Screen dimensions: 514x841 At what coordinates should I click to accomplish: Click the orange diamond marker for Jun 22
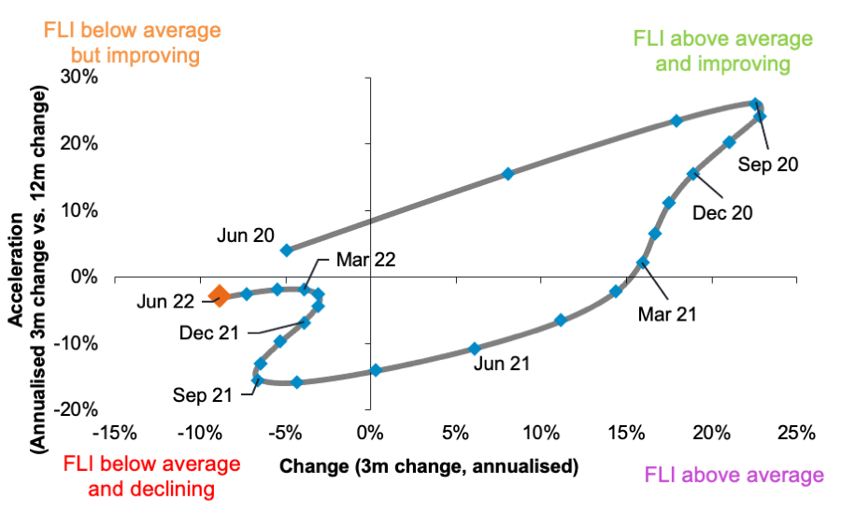point(219,296)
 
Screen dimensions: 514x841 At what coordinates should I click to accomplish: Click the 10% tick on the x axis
point(540,434)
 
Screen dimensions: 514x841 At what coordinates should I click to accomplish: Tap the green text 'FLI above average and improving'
point(711,51)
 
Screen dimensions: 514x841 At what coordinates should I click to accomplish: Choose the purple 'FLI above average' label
point(734,475)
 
